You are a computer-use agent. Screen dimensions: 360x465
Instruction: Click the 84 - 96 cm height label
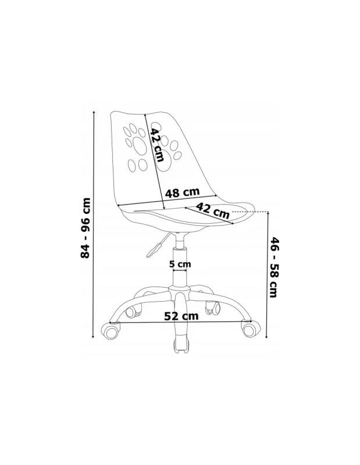(x=85, y=228)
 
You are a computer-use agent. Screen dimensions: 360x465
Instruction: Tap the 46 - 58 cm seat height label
(x=274, y=267)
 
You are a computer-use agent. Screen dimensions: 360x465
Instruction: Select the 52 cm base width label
(x=181, y=316)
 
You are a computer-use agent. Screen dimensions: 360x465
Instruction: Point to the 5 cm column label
(x=180, y=264)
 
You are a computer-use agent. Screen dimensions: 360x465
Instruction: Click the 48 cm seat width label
(x=182, y=192)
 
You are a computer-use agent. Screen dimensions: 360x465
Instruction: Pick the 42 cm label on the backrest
(x=156, y=145)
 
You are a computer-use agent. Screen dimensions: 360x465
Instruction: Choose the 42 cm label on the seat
(x=213, y=210)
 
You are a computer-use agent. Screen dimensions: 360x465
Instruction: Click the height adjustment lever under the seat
(x=156, y=245)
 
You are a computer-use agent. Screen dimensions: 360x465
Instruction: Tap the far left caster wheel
(x=111, y=331)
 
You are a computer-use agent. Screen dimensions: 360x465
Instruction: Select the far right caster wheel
(x=252, y=330)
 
